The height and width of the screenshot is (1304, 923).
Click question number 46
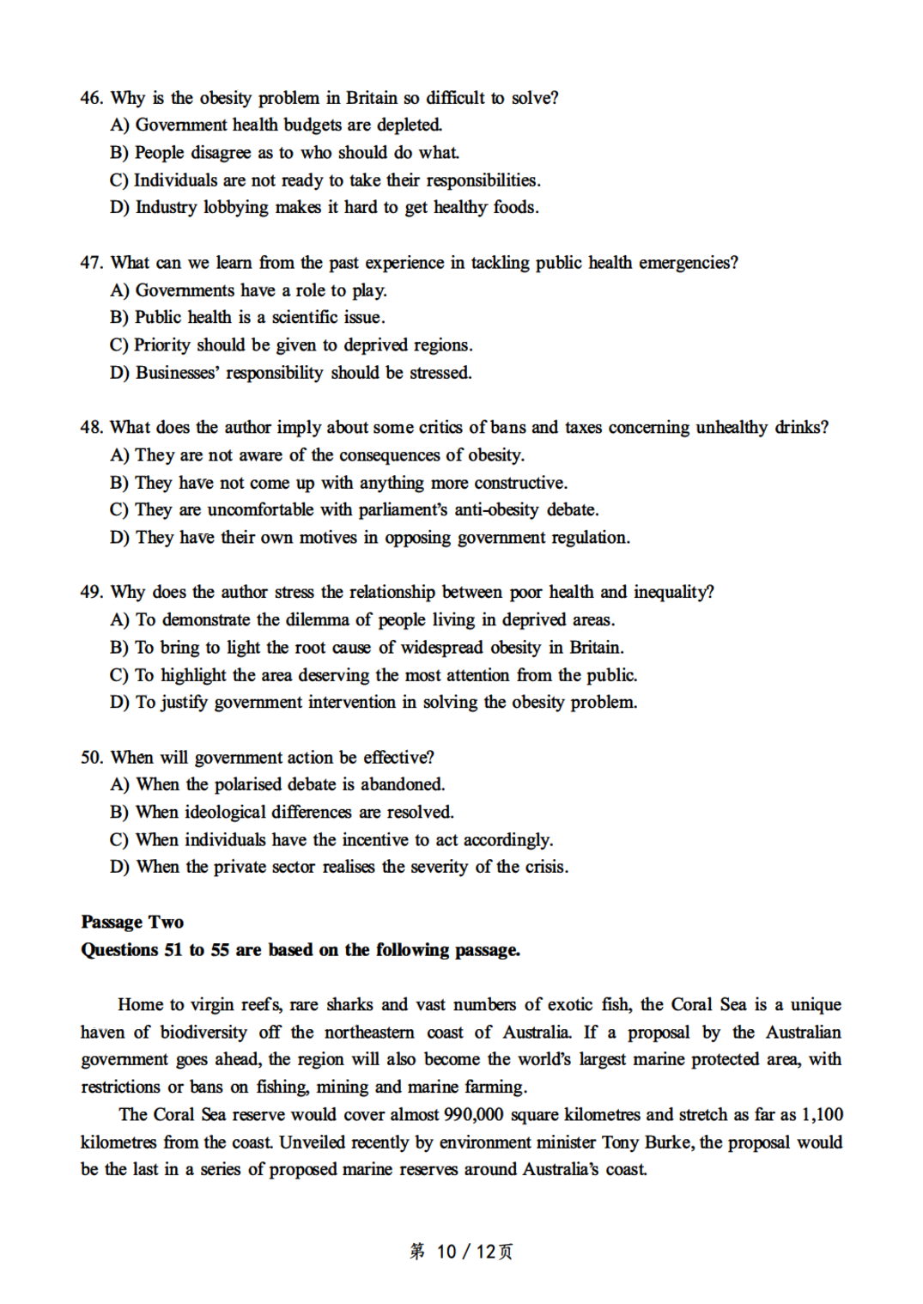coord(91,98)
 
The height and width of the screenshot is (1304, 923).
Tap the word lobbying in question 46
coord(235,208)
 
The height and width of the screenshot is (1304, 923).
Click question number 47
coord(91,263)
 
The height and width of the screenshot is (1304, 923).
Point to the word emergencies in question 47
coord(688,263)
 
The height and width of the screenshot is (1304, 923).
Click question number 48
coord(91,428)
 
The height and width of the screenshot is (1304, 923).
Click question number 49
coord(91,592)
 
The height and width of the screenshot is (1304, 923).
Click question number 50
coord(91,758)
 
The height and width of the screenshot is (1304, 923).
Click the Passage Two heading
coord(132,922)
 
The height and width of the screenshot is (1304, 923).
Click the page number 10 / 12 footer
coord(462,1252)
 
